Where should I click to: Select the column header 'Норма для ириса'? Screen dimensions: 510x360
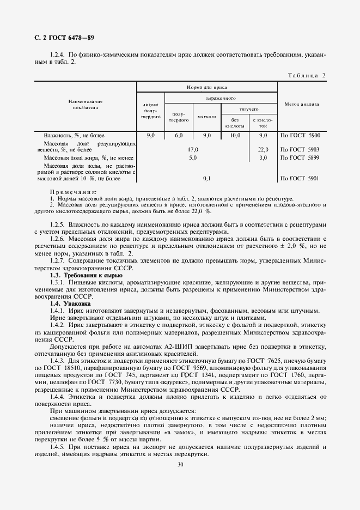point(206,87)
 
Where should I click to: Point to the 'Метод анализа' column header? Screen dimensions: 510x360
point(301,104)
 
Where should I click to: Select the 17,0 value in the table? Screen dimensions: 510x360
point(193,149)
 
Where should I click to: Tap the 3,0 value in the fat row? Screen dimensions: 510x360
point(263,157)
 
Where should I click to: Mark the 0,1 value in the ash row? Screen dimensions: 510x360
point(206,178)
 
